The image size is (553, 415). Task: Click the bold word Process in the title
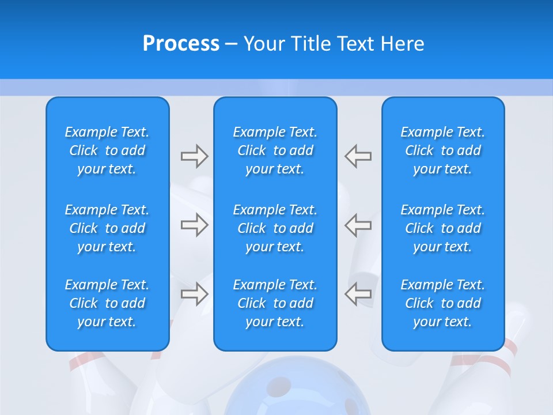coord(181,44)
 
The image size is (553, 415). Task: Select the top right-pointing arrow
coord(194,156)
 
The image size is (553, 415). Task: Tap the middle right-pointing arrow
coord(194,225)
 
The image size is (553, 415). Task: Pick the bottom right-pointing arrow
coord(194,294)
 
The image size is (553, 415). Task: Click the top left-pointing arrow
coord(358,156)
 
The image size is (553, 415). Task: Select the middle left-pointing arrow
coord(358,225)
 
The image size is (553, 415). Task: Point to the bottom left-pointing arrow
coord(358,294)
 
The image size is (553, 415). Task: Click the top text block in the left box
coord(107,150)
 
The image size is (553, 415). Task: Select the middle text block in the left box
coord(107,228)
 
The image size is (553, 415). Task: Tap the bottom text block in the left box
coord(107,303)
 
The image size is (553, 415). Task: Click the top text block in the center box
coord(275,150)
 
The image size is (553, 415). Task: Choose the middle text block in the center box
coord(275,228)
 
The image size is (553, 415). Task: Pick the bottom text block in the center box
coord(275,303)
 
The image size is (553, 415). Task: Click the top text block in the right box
coord(442,150)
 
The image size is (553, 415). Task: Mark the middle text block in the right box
coord(442,228)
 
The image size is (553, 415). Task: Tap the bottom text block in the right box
coord(442,303)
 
